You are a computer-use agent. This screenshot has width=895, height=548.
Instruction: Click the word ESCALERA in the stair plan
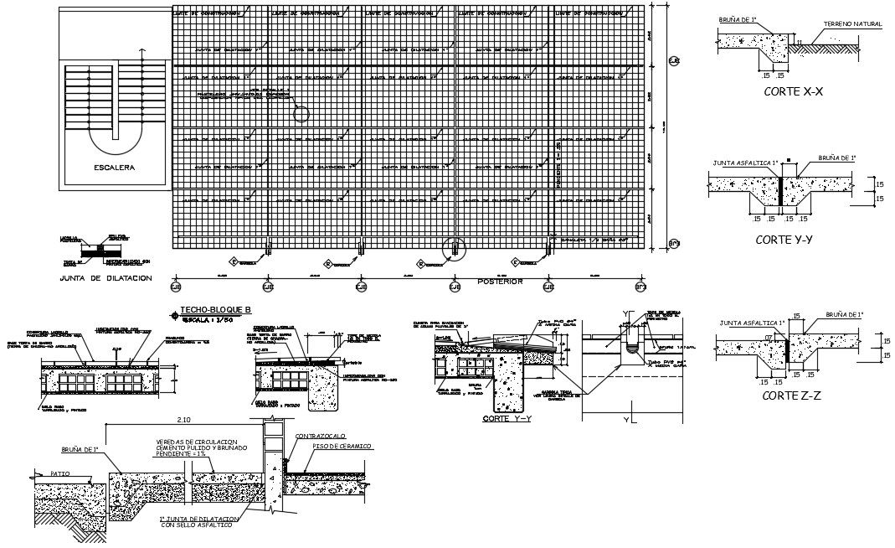[x=115, y=168]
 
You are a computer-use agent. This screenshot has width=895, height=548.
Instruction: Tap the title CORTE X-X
[x=788, y=92]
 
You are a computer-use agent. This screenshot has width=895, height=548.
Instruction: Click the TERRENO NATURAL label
[x=852, y=24]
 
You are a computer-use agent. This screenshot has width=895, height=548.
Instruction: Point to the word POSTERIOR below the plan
[x=500, y=282]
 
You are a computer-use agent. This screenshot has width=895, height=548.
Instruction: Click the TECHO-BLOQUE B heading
[x=216, y=310]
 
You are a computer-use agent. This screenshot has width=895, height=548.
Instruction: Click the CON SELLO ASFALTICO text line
[x=197, y=526]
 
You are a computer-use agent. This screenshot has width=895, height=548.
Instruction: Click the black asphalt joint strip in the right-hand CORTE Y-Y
[x=781, y=190]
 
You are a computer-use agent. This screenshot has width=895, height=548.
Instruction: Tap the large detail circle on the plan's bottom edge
[x=454, y=248]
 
